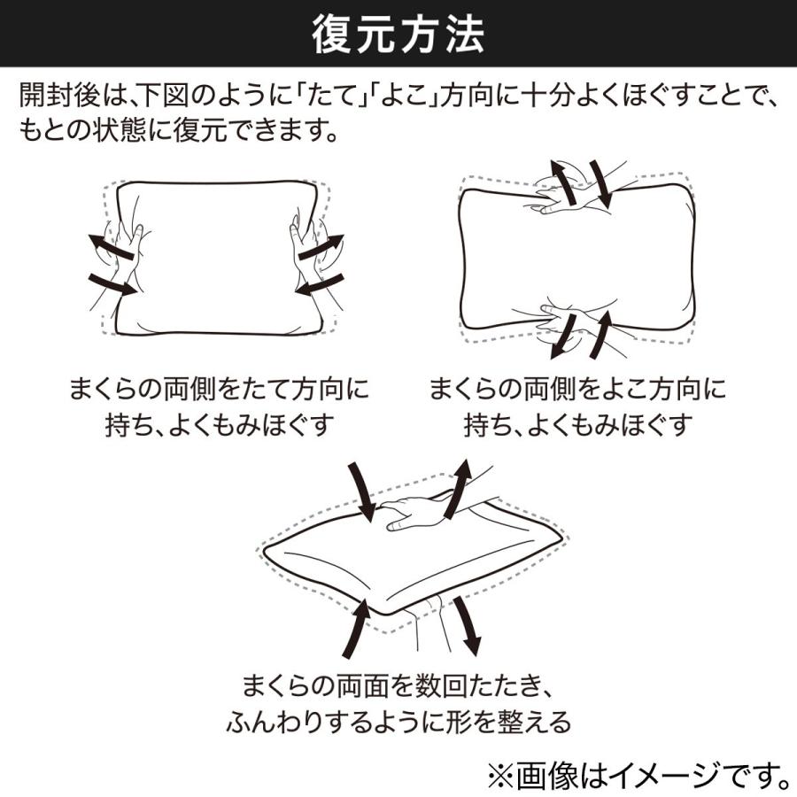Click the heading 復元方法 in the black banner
click(398, 36)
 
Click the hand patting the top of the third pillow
click(416, 511)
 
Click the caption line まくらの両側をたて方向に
click(219, 390)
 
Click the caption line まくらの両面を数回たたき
click(398, 685)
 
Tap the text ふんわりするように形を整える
click(398, 722)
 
